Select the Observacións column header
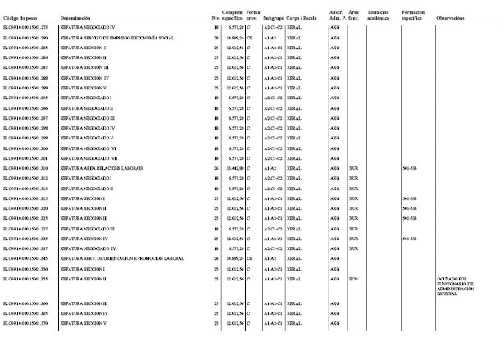451,17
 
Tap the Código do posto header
20,17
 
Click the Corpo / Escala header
303,17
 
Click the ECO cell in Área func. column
353,279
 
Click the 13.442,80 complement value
234,167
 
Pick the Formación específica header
413,15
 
